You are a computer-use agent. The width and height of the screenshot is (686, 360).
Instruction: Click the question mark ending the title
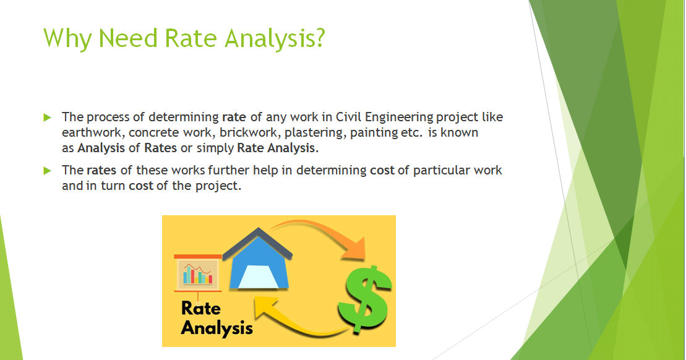click(319, 38)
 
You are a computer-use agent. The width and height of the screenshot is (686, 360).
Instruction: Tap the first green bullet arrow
click(46, 117)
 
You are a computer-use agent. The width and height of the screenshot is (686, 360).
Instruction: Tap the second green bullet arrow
click(46, 171)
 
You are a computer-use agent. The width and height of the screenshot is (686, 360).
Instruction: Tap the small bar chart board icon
click(197, 272)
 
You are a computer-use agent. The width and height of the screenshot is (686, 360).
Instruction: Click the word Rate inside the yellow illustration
click(200, 308)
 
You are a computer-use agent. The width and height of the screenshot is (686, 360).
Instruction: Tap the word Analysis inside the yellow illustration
click(217, 327)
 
